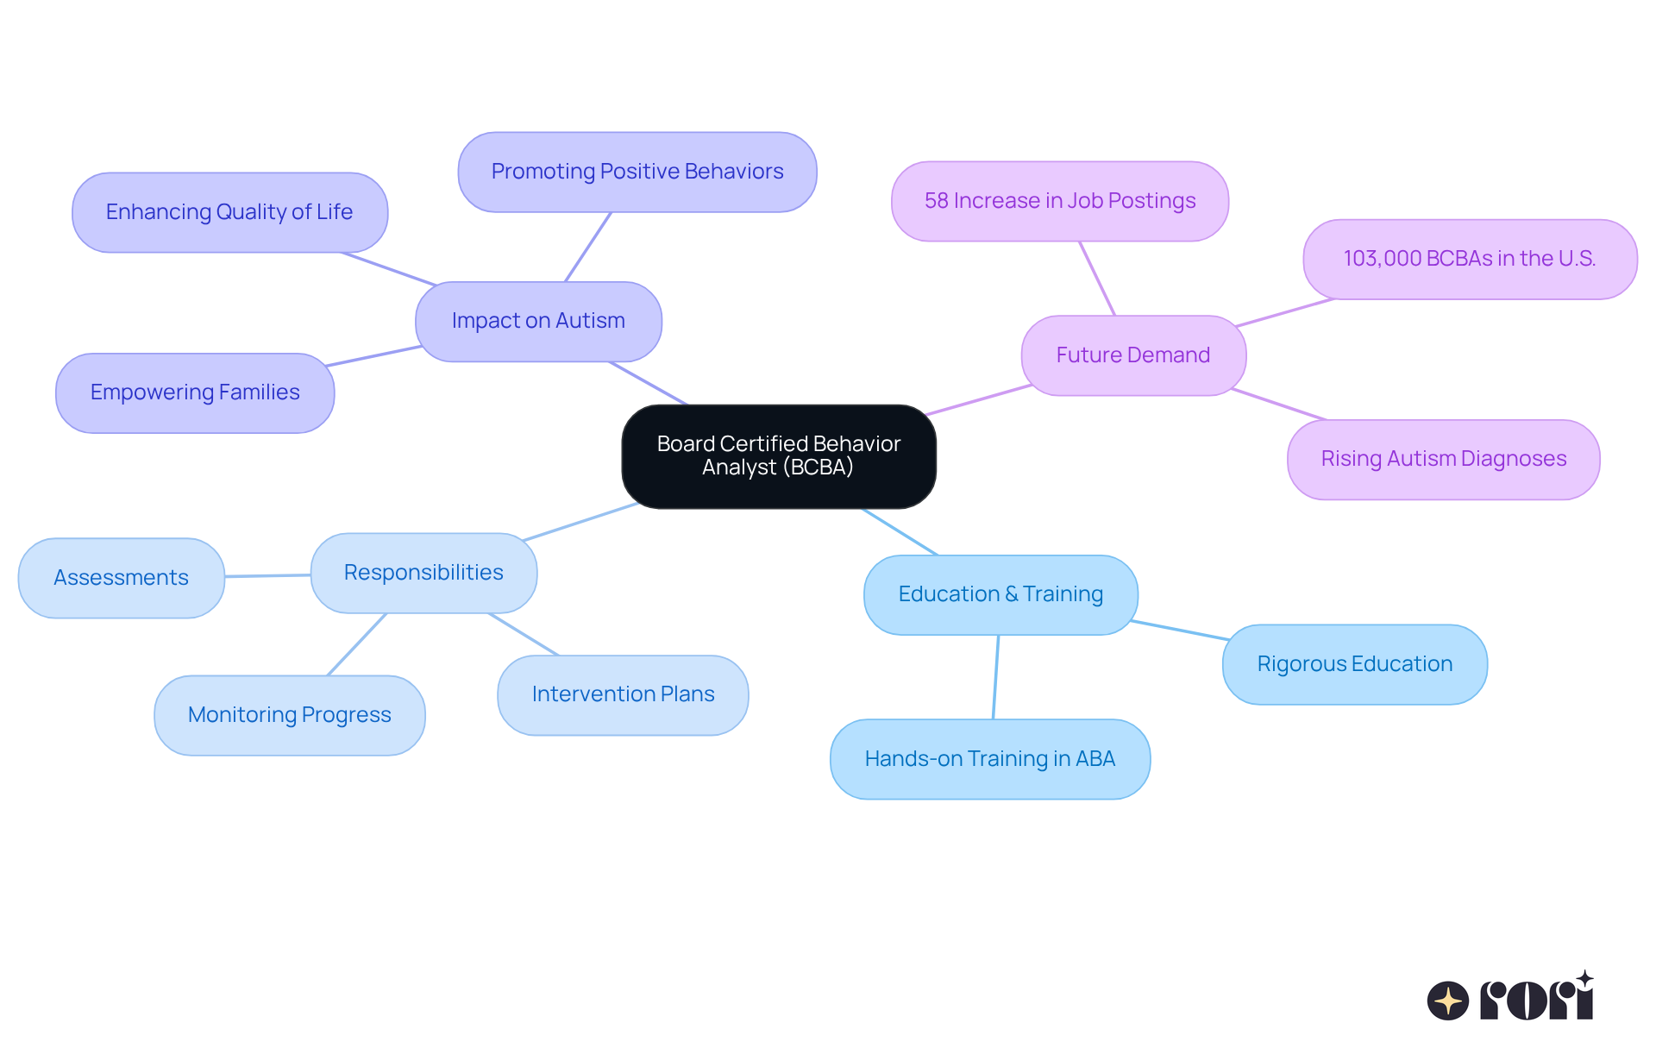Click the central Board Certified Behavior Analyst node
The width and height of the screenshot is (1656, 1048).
[778, 456]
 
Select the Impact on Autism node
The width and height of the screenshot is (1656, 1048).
[538, 321]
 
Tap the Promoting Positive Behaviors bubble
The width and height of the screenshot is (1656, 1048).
[637, 172]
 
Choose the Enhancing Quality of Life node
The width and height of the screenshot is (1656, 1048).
[229, 212]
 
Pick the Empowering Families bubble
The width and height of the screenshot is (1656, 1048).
[195, 392]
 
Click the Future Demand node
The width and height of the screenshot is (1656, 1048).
[1133, 355]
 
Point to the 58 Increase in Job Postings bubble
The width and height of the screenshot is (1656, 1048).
[1060, 201]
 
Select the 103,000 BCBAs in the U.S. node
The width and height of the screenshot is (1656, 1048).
[1470, 259]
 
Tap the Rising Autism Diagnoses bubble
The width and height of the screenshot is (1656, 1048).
[1443, 459]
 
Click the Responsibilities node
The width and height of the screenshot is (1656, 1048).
[423, 573]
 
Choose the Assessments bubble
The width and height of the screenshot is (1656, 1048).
[121, 578]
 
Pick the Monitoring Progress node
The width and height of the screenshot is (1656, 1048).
[289, 715]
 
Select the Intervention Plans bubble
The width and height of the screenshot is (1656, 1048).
[623, 694]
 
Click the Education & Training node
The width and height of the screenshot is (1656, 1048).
[1000, 594]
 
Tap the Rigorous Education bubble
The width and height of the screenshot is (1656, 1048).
[1354, 664]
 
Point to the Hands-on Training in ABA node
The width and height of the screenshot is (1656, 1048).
[989, 759]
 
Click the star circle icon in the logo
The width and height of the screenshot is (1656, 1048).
[1447, 1001]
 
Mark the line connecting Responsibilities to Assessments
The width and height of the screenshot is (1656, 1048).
[267, 575]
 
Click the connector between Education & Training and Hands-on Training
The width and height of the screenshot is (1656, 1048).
[996, 677]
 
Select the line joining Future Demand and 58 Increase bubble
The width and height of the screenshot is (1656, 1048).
[1097, 279]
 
